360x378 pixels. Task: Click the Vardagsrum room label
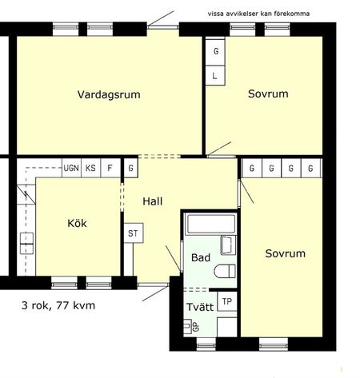[x=109, y=94]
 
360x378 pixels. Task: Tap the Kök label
[x=77, y=223]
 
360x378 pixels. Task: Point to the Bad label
[x=200, y=258]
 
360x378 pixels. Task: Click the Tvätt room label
[x=199, y=307]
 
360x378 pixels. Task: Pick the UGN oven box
[x=70, y=169]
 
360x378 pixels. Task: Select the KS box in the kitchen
[x=91, y=169]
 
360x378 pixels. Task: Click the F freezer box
[x=110, y=169]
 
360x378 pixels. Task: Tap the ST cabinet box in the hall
[x=133, y=234]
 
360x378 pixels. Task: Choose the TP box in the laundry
[x=227, y=301]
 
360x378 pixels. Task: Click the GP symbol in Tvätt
[x=193, y=327]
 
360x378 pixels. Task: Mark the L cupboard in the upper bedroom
[x=216, y=76]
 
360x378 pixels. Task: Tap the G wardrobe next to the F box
[x=130, y=169]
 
